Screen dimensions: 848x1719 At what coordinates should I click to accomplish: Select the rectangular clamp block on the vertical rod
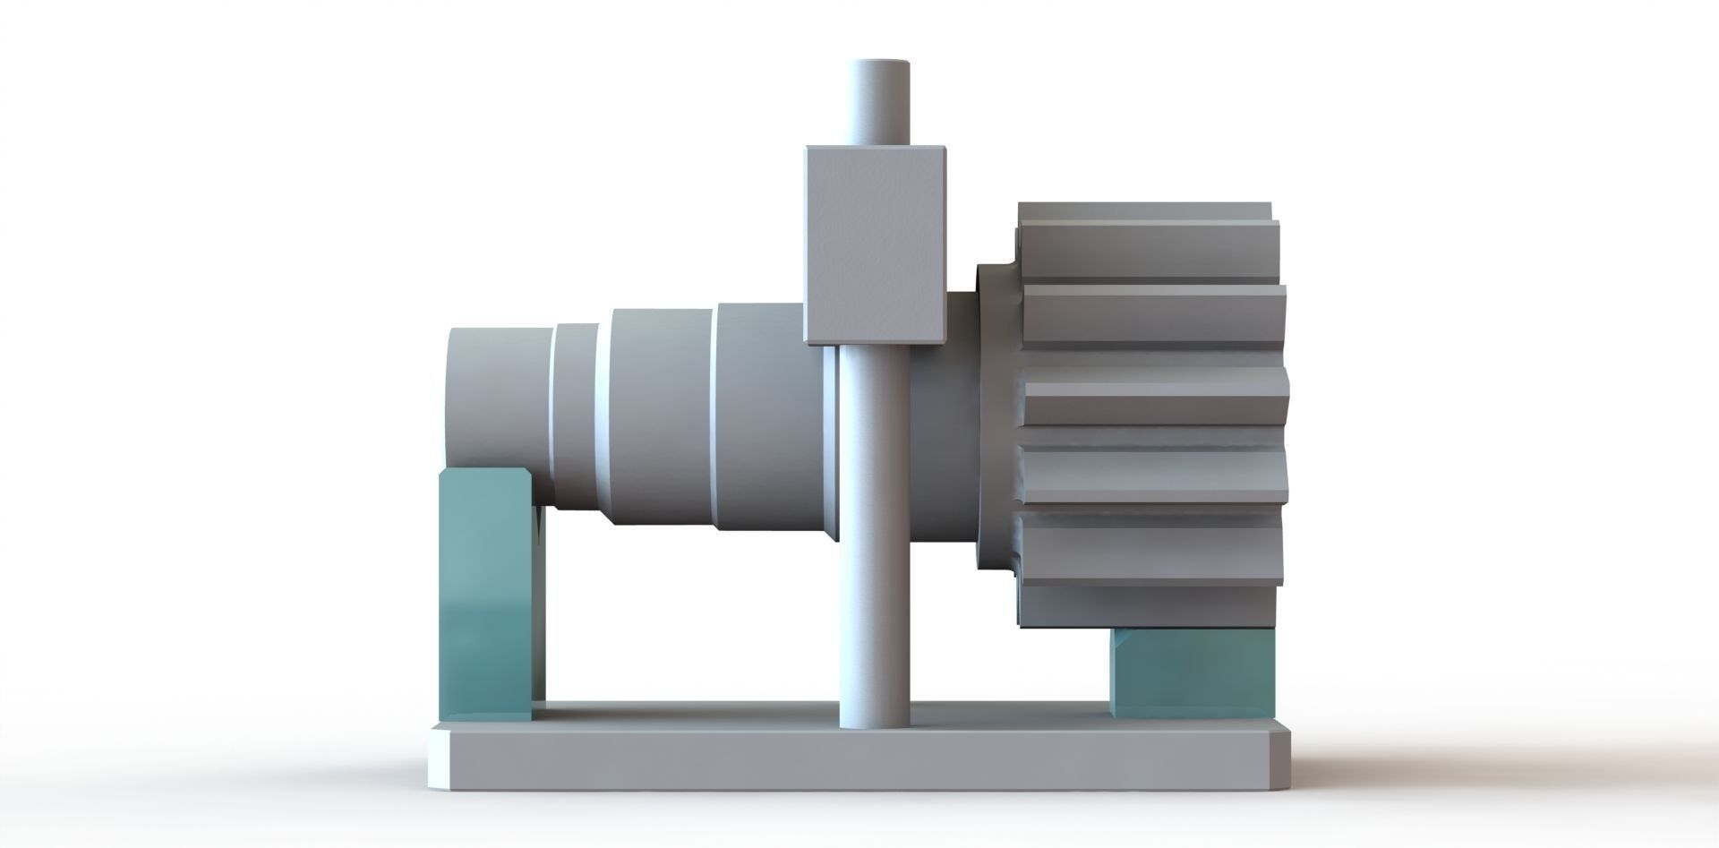pos(875,244)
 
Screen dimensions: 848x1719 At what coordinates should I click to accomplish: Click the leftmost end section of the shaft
pos(497,398)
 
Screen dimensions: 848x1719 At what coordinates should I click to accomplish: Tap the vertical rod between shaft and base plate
pos(875,627)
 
